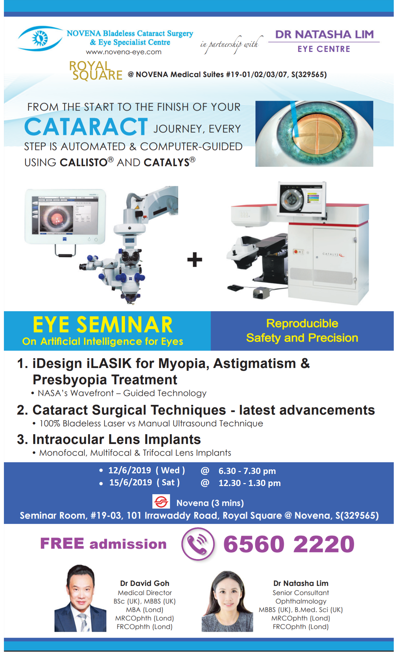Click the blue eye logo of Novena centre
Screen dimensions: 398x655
pos(40,38)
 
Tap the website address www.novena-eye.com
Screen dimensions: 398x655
pos(124,52)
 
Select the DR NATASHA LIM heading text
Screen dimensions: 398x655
pos(324,34)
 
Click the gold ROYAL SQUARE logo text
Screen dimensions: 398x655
pos(96,70)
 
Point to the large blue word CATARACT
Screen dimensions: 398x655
pos(86,127)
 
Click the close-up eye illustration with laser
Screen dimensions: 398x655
pos(314,134)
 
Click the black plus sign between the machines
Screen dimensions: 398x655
pos(194,260)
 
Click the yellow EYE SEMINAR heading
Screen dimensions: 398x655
pos(103,325)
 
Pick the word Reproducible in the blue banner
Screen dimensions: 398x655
pos(302,323)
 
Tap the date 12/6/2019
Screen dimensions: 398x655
pos(130,470)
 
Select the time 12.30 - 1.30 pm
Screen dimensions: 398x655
pos(250,483)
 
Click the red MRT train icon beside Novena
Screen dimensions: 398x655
pos(161,502)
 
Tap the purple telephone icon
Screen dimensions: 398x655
pos(198,544)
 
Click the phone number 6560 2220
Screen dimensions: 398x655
pos(289,544)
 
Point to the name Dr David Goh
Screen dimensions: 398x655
pos(145,583)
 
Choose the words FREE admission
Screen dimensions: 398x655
pos(103,544)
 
